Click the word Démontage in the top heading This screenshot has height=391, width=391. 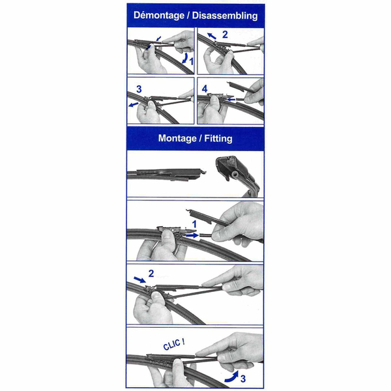159,16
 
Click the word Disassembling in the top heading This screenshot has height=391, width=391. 225,16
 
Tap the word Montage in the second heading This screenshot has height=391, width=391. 177,138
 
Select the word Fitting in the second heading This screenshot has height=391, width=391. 218,138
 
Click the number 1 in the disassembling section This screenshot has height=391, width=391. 191,61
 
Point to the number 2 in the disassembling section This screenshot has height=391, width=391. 225,35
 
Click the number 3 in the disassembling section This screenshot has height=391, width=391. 139,89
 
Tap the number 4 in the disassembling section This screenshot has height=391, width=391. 205,89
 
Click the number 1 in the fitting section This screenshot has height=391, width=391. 194,224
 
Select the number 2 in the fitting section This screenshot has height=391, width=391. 151,274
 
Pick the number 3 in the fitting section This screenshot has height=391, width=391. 243,379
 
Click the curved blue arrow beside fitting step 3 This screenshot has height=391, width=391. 232,376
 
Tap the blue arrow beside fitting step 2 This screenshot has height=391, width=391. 139,280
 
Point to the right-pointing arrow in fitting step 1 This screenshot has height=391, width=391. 192,235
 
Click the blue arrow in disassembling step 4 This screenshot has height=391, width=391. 231,100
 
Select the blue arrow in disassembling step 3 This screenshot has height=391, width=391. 134,104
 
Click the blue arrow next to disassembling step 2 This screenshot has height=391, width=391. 212,36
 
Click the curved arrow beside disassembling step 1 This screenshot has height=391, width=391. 185,58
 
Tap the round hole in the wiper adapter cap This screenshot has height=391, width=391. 235,174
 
